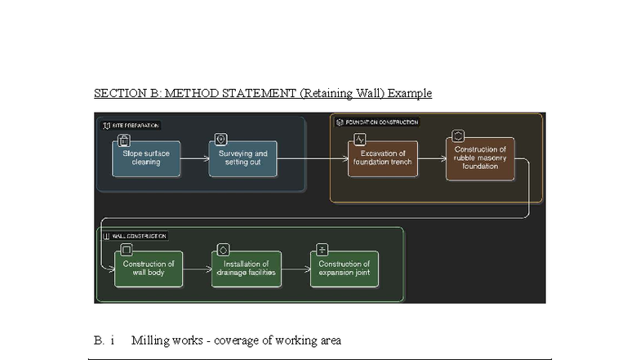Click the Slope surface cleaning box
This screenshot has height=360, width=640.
tap(147, 158)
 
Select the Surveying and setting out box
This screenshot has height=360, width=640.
tap(242, 158)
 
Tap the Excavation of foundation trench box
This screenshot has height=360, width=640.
tap(383, 158)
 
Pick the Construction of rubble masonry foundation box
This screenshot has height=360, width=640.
tap(480, 158)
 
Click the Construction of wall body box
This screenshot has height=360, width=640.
tap(149, 269)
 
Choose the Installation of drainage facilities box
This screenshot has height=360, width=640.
tap(247, 269)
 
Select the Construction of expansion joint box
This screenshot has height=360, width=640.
tap(344, 269)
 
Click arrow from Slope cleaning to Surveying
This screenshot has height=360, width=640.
tap(195, 159)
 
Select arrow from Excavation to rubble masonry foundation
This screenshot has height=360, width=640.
tap(432, 159)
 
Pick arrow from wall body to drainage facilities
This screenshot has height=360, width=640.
tap(198, 269)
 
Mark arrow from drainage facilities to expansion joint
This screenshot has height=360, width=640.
tap(296, 269)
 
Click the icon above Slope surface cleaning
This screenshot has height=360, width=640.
tap(124, 140)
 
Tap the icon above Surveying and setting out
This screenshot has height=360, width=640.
tap(220, 140)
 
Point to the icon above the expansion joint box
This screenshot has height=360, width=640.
tap(322, 250)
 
